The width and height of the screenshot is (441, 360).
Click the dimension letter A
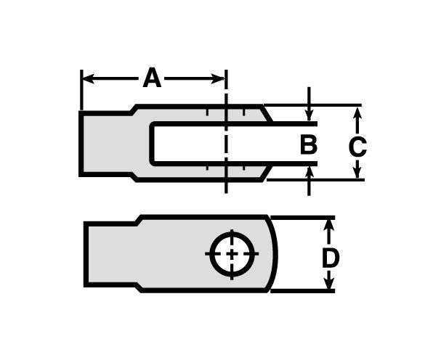(x=151, y=77)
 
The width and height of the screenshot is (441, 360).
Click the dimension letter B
(x=309, y=145)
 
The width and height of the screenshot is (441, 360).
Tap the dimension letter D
(x=330, y=258)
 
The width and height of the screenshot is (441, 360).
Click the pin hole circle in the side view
(x=231, y=254)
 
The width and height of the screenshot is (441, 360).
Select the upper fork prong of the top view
(x=203, y=115)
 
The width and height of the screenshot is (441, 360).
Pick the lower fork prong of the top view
(x=203, y=171)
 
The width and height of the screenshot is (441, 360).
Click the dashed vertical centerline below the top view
(x=227, y=185)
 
